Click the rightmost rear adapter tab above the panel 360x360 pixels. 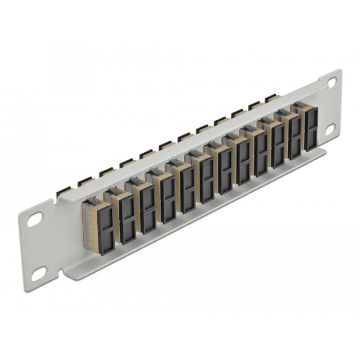click(270, 98)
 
